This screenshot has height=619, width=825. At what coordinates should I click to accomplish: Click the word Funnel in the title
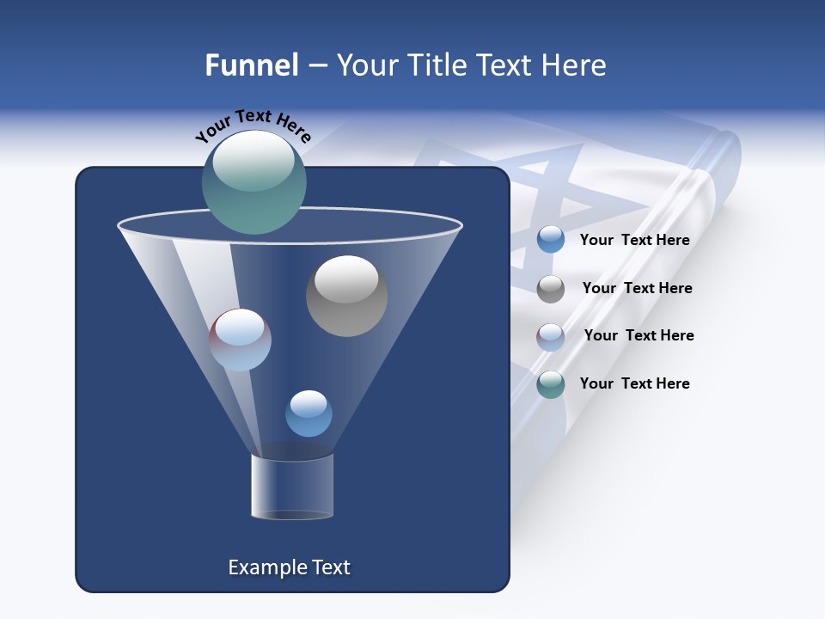tap(251, 65)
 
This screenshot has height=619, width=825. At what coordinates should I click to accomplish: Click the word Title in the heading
tap(435, 65)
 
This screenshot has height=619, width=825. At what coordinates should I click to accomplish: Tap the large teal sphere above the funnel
tap(254, 182)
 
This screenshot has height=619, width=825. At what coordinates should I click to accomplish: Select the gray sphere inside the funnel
tap(346, 297)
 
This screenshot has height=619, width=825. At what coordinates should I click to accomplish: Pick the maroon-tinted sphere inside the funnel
tap(240, 340)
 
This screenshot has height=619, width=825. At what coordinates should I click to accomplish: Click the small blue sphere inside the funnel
tap(309, 414)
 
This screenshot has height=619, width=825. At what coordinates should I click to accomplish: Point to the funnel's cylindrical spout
tap(292, 487)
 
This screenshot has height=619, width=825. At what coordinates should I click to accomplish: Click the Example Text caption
tap(290, 567)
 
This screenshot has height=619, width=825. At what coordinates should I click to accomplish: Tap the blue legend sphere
tap(551, 240)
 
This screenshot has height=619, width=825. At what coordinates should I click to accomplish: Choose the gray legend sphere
tap(551, 288)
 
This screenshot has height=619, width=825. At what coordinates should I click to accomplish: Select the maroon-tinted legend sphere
tap(551, 336)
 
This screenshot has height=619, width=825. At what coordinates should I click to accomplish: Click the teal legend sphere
tap(551, 384)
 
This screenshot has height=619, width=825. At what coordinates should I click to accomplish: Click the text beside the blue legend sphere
tap(635, 240)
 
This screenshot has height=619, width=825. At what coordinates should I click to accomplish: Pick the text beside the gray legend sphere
tap(637, 288)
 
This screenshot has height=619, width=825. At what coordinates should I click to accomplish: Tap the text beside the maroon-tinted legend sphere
tap(639, 335)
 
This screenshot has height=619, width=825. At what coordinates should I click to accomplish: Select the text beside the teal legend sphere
tap(635, 383)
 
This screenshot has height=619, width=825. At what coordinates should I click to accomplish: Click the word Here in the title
tap(575, 65)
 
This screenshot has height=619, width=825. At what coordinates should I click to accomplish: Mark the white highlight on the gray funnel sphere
tap(346, 278)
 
